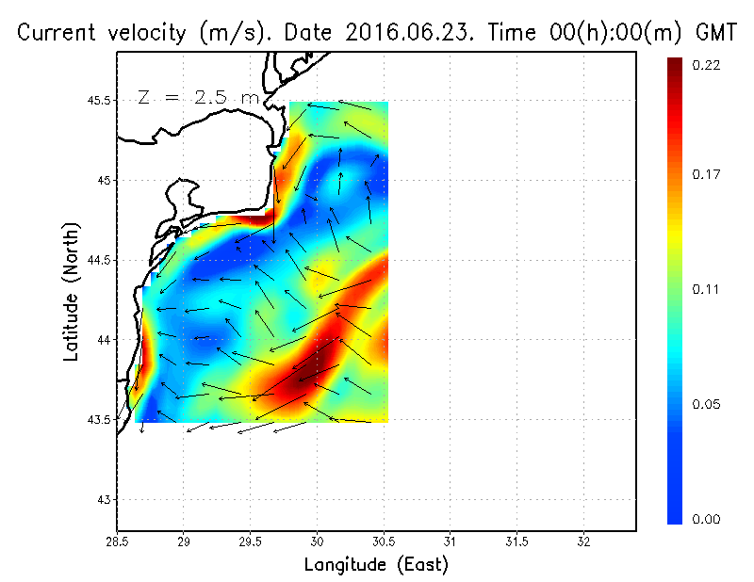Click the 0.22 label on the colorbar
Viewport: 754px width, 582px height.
(x=707, y=65)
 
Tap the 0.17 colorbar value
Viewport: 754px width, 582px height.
(x=707, y=174)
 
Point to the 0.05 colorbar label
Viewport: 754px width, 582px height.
(x=707, y=405)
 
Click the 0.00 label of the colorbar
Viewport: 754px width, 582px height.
(x=707, y=519)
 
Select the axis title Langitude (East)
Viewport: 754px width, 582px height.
(x=376, y=565)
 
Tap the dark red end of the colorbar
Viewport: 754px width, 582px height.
(x=674, y=66)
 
